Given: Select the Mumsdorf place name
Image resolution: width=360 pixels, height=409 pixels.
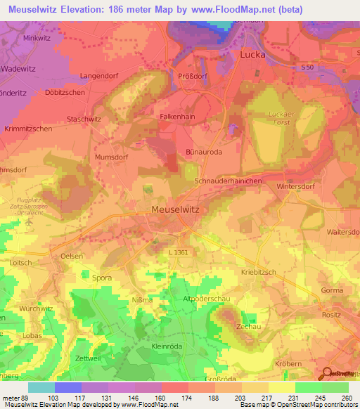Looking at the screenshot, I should [x=111, y=158].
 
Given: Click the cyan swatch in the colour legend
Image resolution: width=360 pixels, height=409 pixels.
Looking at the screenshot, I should [x=41, y=387].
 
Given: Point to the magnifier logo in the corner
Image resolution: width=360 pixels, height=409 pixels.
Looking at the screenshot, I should [x=328, y=375].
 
